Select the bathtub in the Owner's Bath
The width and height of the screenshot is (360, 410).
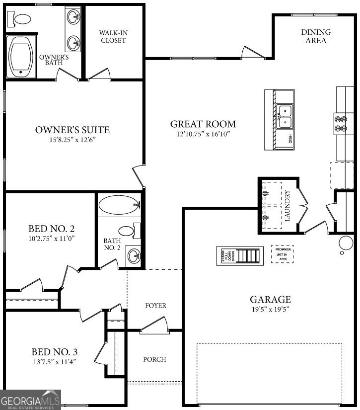click(x=21, y=58)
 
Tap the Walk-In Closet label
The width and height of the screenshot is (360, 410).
click(x=113, y=36)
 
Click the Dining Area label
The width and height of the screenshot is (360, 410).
click(x=316, y=36)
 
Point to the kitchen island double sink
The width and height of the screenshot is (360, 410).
click(x=285, y=116)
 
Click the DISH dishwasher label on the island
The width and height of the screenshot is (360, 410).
click(x=290, y=140)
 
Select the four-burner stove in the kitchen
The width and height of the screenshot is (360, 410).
click(x=341, y=123)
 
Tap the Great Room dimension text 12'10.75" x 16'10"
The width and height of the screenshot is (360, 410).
click(x=203, y=134)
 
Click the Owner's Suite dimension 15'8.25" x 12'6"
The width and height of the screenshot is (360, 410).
click(x=72, y=140)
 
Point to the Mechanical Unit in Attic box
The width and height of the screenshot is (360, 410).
click(x=282, y=254)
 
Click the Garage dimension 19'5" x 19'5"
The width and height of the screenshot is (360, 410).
click(x=270, y=309)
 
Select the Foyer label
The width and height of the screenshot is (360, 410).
click(x=155, y=305)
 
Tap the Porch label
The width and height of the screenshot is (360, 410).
click(x=154, y=359)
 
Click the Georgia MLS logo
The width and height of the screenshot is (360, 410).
click(x=30, y=400)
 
